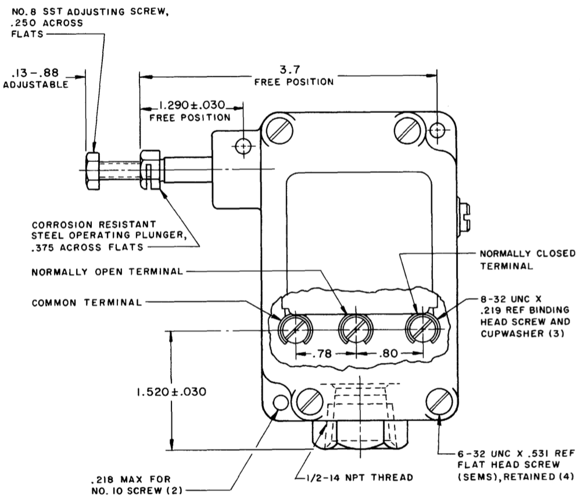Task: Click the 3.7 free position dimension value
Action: (x=289, y=69)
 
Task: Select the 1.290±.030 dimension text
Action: (x=192, y=105)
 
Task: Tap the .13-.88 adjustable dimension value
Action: (x=35, y=72)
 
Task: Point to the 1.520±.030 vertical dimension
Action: (x=171, y=392)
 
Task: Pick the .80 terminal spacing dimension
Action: (x=388, y=353)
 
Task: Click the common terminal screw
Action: (x=295, y=329)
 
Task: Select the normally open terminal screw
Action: (x=356, y=329)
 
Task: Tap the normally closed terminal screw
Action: (x=423, y=328)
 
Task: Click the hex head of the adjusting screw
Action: (x=92, y=170)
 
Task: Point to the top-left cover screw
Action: (x=280, y=131)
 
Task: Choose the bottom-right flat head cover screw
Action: (x=439, y=402)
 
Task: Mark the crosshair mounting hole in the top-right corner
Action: (x=438, y=130)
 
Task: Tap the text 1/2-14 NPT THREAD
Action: (x=360, y=477)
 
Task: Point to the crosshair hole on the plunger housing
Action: (x=243, y=146)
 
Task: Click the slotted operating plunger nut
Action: (x=150, y=170)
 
